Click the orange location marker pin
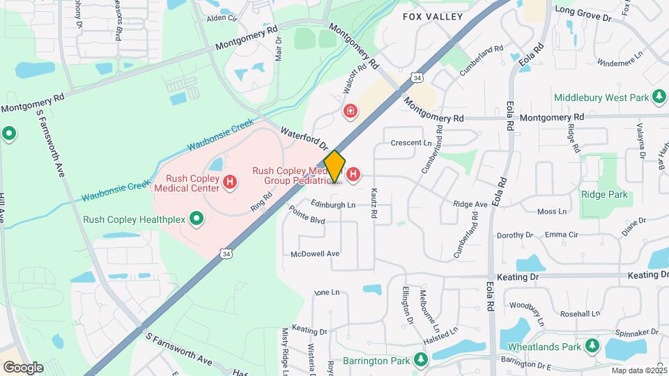pyautogui.click(x=334, y=166)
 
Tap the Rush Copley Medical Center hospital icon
pyautogui.click(x=229, y=183)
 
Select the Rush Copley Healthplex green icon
pyautogui.click(x=197, y=220)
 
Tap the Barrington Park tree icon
pyautogui.click(x=420, y=360)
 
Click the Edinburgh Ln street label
pyautogui.click(x=333, y=205)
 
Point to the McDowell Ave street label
pyautogui.click(x=315, y=254)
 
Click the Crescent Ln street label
pyautogui.click(x=412, y=143)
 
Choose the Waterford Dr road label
pyautogui.click(x=304, y=138)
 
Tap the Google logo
pyautogui.click(x=23, y=367)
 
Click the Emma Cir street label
pyautogui.click(x=562, y=235)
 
